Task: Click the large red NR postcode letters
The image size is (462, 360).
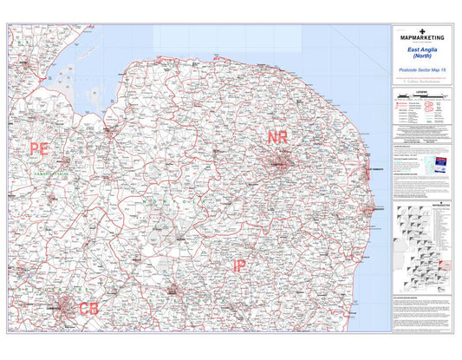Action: pyautogui.click(x=277, y=138)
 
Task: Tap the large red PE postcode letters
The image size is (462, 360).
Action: pyautogui.click(x=39, y=149)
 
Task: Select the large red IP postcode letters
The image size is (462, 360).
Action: pyautogui.click(x=239, y=266)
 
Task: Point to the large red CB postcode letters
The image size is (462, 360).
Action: pyautogui.click(x=88, y=308)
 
